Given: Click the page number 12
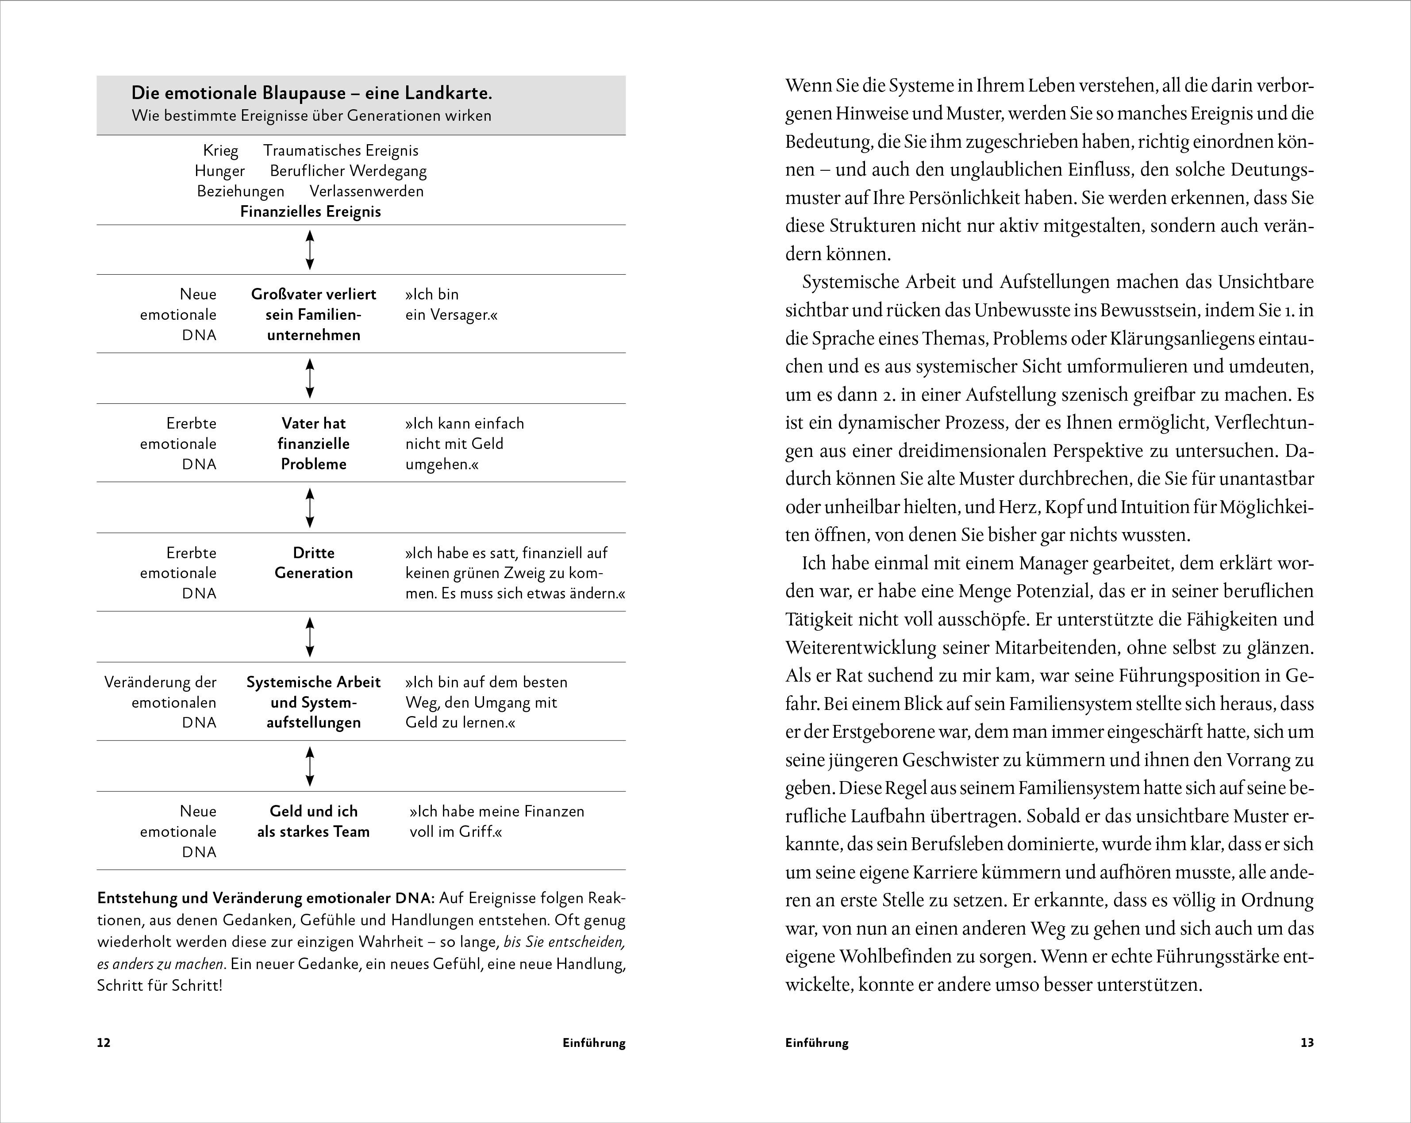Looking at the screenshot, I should [104, 1043].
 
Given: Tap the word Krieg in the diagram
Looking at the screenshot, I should [220, 150].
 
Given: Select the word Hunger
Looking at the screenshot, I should [219, 171].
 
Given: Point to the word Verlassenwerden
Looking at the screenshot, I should [366, 191].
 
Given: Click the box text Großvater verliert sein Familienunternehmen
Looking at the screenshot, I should [314, 314].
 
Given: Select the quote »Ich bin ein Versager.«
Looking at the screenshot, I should [451, 305].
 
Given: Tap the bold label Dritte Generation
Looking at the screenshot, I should [314, 563].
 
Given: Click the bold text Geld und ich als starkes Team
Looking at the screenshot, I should [314, 821].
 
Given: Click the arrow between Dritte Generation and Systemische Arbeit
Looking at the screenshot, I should [310, 637].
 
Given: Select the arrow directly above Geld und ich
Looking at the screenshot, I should [310, 767].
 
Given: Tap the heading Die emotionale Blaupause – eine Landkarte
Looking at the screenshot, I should [311, 93].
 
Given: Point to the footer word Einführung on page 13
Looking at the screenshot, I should [817, 1043].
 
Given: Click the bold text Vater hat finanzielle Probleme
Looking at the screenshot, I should [314, 444].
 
